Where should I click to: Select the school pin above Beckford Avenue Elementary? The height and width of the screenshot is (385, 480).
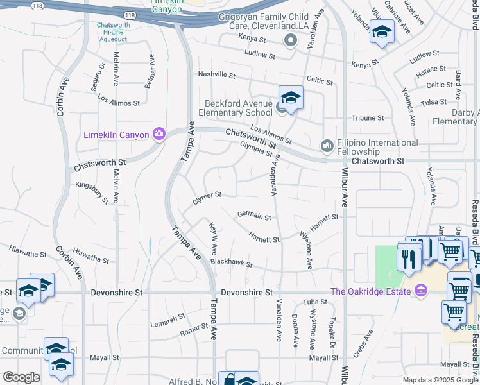point(291,98)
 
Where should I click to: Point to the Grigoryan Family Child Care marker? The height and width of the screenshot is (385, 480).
point(291,41)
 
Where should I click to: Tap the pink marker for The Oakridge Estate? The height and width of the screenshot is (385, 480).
point(421,292)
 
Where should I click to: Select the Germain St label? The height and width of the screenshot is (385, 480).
point(254,217)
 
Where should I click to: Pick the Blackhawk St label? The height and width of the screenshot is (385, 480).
point(232,264)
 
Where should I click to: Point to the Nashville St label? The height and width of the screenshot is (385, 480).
point(217,74)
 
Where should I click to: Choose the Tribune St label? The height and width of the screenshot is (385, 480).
point(367,118)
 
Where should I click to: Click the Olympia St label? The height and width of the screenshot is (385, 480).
point(257,149)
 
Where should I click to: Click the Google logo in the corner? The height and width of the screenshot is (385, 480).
point(21,377)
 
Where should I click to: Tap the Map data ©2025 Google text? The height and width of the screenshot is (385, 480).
point(440,380)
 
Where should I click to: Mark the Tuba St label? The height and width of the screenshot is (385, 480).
point(315,302)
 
